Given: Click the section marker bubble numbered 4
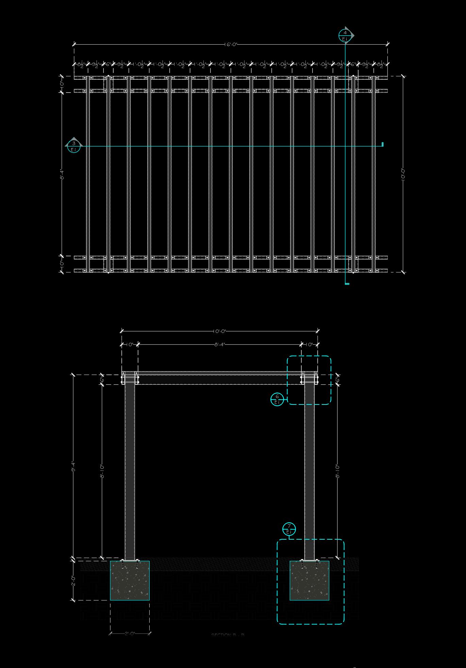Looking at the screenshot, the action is point(345,35).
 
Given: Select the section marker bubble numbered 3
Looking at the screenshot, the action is point(74,146).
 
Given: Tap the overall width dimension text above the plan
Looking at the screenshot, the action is point(231,45).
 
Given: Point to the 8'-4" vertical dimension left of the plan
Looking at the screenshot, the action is point(62,174).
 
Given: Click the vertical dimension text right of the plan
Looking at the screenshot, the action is point(403,174).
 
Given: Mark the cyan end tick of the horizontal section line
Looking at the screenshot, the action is point(383,144).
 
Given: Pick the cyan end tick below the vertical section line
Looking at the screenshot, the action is point(347,283).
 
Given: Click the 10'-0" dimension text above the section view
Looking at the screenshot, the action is point(220,331).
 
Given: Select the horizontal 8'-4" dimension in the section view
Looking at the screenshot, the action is point(220,345).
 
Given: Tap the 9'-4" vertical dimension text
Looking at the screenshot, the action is point(73,466).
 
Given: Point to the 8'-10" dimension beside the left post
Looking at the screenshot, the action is point(102,471).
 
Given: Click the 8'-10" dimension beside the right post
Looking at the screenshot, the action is point(337,471).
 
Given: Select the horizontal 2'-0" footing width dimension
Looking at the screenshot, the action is point(130,634).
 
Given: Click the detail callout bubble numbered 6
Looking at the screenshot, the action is point(277,399).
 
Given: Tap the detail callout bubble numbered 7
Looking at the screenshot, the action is point(289,529).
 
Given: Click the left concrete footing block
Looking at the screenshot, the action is point(130,581).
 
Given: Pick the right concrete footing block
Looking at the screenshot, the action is point(309,581).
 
